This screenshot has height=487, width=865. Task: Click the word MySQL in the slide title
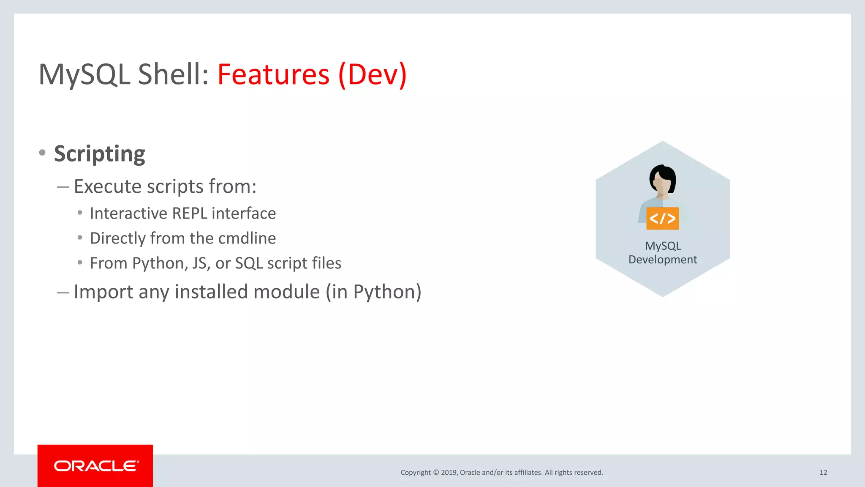[x=84, y=74]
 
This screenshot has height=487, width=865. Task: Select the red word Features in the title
[x=273, y=74]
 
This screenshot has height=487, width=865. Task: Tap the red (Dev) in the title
[x=373, y=74]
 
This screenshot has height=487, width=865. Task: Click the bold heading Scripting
[x=100, y=154]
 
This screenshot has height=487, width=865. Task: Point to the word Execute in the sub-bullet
[x=108, y=186]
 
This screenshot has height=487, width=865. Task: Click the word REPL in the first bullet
[x=190, y=213]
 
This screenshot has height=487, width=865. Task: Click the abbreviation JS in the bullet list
[x=200, y=263]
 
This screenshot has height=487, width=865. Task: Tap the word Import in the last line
[x=103, y=292]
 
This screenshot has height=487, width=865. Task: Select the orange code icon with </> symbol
[x=662, y=219]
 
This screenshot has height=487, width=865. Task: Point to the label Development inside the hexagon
[x=662, y=260]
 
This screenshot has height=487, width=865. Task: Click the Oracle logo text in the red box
[x=96, y=466]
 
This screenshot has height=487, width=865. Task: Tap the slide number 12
[x=823, y=473]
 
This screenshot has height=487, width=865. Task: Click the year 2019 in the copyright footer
[x=449, y=473]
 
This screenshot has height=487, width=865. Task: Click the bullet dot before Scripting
[x=42, y=153]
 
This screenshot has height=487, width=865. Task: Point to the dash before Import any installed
[x=63, y=293]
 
